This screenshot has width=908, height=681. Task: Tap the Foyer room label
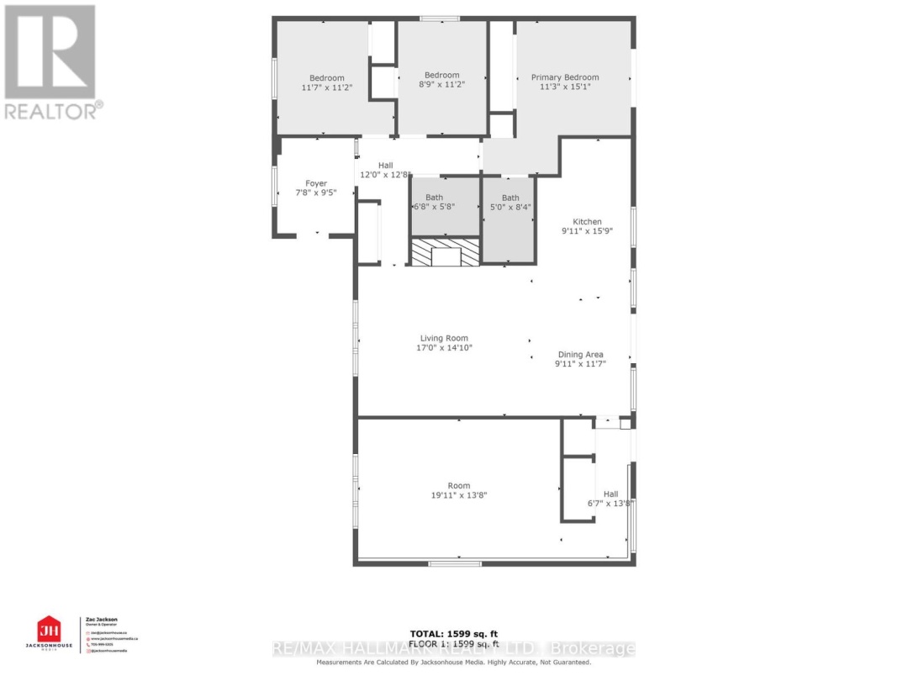316,183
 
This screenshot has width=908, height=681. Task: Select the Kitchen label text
588,222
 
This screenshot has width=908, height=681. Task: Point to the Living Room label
445,339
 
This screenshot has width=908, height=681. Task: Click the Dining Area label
580,355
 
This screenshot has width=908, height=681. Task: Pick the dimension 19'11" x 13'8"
459,496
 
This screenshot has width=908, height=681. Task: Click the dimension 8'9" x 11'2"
441,85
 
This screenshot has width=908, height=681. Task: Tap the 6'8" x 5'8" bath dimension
434,207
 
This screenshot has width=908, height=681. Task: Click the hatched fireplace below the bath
444,253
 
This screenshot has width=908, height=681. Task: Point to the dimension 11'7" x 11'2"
326,87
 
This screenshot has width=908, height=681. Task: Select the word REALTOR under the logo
50,110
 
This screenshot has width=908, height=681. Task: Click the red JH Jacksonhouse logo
50,629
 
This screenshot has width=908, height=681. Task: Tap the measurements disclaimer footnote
454,663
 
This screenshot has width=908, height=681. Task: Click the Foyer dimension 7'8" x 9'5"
316,193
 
